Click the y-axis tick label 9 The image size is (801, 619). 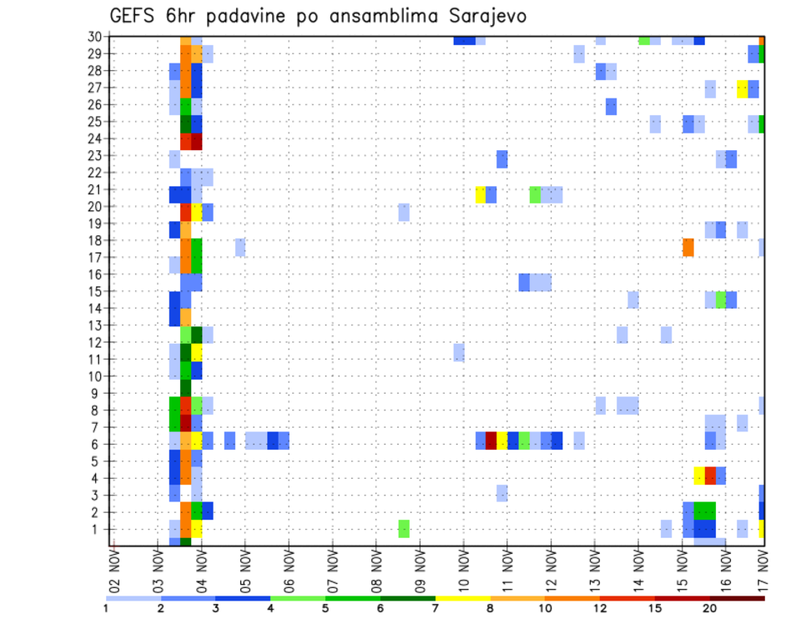coord(97,393)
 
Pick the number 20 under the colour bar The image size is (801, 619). coord(709,608)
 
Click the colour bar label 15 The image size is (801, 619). coord(654,608)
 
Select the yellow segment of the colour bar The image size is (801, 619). coord(462,598)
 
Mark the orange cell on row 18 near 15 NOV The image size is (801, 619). coord(688,248)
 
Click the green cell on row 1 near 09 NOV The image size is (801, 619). coord(404,529)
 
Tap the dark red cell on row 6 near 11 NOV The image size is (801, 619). coord(491,440)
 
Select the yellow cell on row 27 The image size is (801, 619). coord(743,88)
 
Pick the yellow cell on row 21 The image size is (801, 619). coord(481,194)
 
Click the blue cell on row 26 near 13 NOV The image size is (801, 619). coord(612,106)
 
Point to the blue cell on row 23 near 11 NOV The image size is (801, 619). coord(502,159)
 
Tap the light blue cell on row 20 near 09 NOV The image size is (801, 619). coord(404,212)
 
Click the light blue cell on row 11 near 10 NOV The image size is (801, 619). coord(459,352)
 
